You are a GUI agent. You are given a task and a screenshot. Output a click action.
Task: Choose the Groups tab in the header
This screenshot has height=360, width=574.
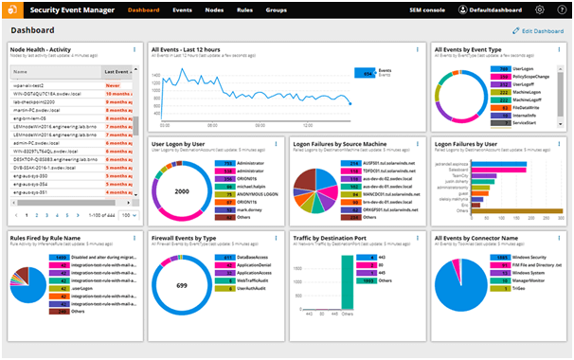(x=277, y=9)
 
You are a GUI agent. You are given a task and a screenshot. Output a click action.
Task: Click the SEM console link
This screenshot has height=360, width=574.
(x=399, y=9)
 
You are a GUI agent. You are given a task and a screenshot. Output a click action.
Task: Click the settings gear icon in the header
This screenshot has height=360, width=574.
(x=540, y=9)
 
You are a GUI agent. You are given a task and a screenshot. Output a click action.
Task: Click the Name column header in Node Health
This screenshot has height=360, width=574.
(x=20, y=71)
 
